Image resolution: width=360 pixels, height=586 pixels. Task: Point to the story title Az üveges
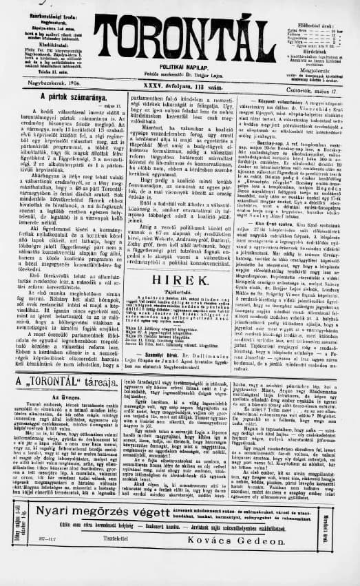click(63, 398)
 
